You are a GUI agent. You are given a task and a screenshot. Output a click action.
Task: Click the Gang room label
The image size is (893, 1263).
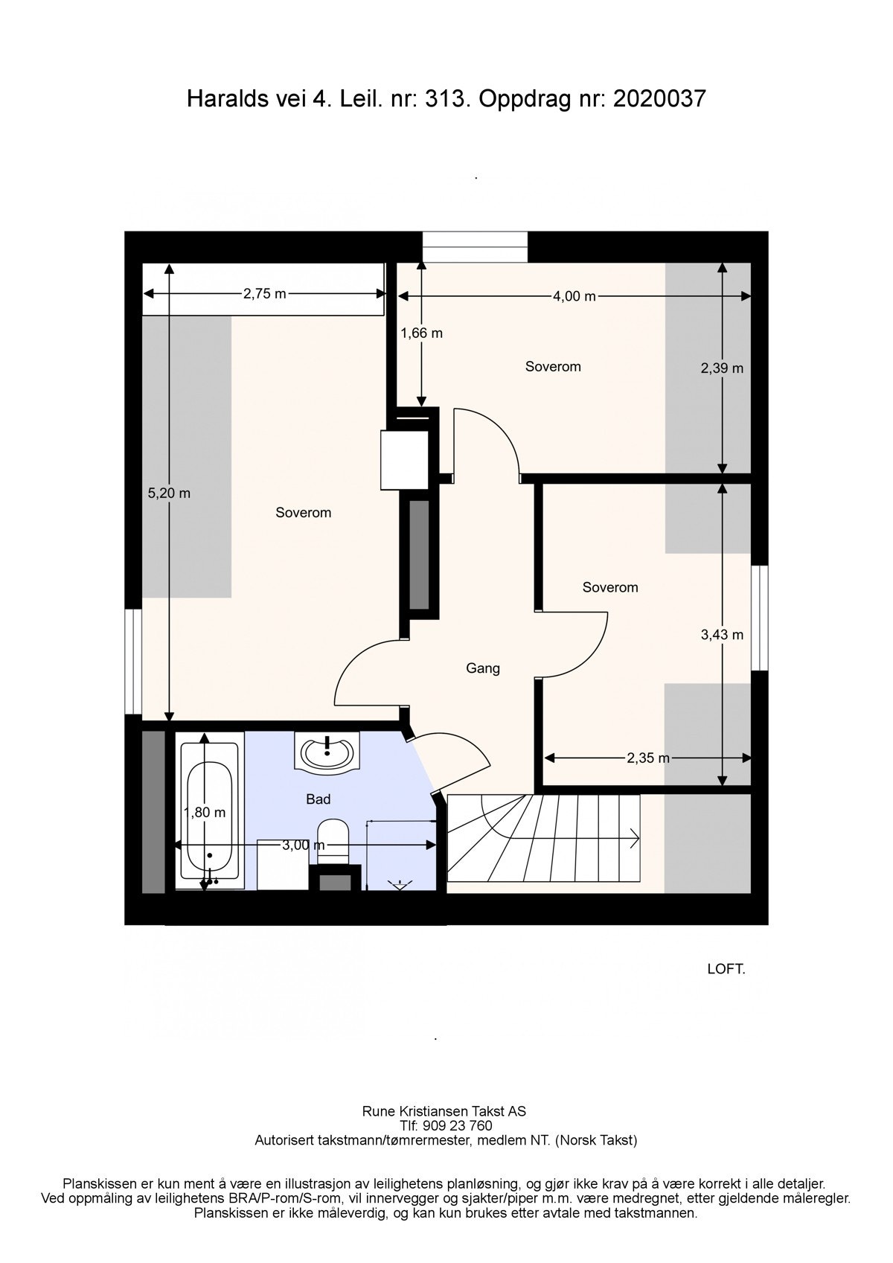(x=483, y=668)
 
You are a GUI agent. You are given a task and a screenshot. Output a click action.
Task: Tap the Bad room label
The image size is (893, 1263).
(x=319, y=799)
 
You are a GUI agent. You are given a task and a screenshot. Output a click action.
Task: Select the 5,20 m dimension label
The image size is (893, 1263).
(x=169, y=493)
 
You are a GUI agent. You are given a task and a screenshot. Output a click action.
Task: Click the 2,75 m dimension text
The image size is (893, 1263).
(x=264, y=293)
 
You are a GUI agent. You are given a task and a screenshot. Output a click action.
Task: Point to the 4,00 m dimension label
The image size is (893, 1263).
(x=574, y=296)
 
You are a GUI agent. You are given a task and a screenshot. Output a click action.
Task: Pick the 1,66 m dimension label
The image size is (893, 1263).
(x=421, y=333)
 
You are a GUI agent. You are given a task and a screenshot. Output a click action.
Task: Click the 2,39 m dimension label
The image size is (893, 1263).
(x=722, y=368)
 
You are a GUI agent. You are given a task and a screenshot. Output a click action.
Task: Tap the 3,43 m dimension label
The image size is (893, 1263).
(x=722, y=635)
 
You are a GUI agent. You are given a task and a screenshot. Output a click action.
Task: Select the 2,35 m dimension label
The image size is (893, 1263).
(x=647, y=758)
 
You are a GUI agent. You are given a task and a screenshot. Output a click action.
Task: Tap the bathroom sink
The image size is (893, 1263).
(x=327, y=752)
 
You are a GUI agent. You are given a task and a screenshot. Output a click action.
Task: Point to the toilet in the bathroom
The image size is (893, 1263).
(x=333, y=842)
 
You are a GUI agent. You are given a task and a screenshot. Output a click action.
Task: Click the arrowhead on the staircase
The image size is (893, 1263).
(x=635, y=838)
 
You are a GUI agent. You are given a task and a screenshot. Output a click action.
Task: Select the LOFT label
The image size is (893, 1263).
(x=726, y=969)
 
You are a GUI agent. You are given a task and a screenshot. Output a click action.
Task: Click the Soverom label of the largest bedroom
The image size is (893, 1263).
(x=303, y=513)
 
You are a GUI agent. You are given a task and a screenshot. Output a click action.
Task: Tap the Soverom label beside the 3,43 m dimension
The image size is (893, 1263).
(x=610, y=587)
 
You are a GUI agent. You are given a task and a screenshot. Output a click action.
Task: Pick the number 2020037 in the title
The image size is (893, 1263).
(x=659, y=99)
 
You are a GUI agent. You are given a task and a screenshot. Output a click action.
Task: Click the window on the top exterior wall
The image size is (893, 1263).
(x=475, y=247)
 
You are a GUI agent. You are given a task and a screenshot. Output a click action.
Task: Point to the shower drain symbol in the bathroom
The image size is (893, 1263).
(x=400, y=884)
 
